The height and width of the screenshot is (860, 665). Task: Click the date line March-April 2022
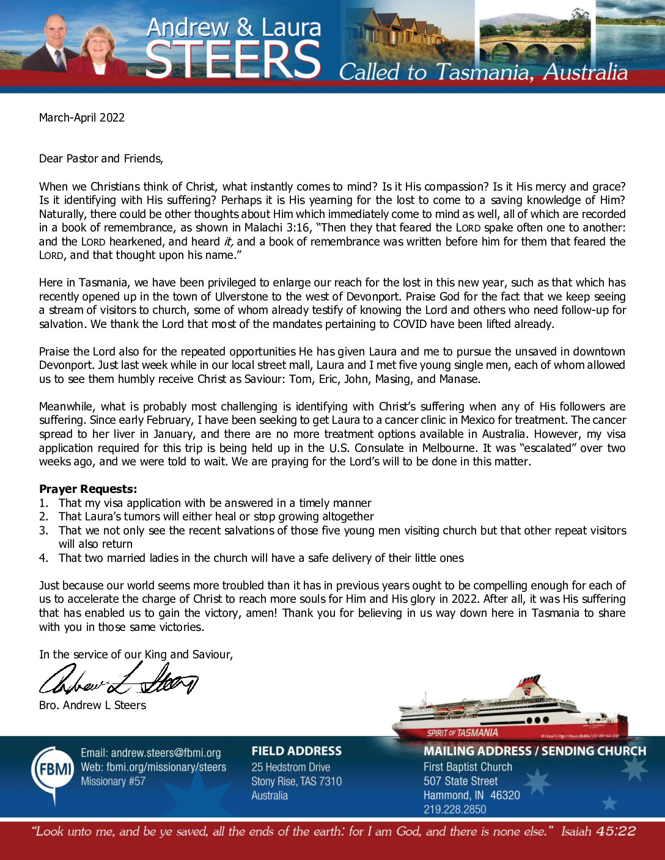pyautogui.click(x=82, y=118)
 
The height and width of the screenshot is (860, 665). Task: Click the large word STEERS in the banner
pyautogui.click(x=233, y=60)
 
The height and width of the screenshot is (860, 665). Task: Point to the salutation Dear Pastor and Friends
pyautogui.click(x=101, y=159)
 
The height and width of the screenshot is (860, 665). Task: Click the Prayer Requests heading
pyautogui.click(x=88, y=489)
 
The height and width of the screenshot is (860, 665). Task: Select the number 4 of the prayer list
pyautogui.click(x=43, y=558)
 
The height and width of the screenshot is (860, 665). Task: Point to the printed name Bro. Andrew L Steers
pyautogui.click(x=93, y=705)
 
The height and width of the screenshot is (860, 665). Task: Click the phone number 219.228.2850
pyautogui.click(x=455, y=809)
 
